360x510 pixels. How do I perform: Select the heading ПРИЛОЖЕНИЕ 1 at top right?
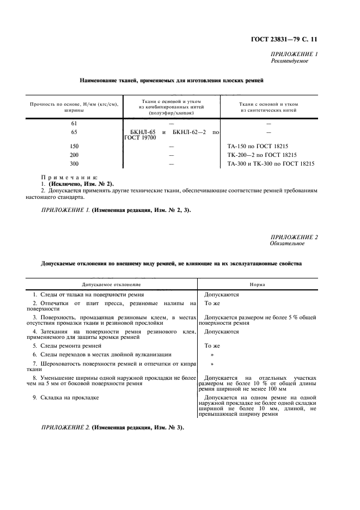(x=294, y=54)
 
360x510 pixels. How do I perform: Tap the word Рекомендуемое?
(x=289, y=61)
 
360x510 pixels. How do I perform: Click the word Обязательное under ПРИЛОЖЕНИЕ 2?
(x=288, y=243)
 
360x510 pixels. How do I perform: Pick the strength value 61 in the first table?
(x=75, y=124)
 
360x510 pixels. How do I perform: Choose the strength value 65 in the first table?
(x=75, y=132)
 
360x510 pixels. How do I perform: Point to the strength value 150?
(x=75, y=147)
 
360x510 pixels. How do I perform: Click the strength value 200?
(x=75, y=155)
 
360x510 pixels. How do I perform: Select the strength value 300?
(x=75, y=163)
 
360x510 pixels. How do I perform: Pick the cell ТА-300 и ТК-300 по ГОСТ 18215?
(x=270, y=163)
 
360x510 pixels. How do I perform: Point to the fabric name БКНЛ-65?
(x=143, y=132)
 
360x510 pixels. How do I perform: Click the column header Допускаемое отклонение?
(x=111, y=284)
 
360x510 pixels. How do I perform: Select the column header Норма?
(x=257, y=284)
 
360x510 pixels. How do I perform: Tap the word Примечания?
(x=69, y=177)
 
